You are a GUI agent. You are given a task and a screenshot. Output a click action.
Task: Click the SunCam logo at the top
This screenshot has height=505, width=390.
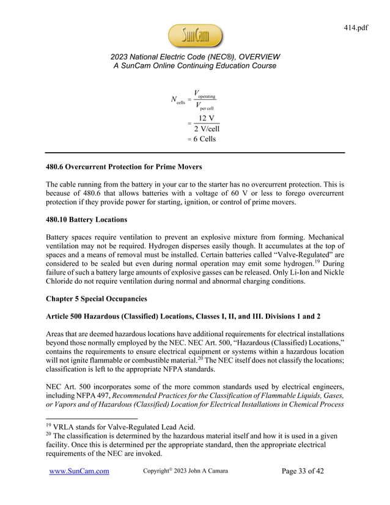click(194, 36)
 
